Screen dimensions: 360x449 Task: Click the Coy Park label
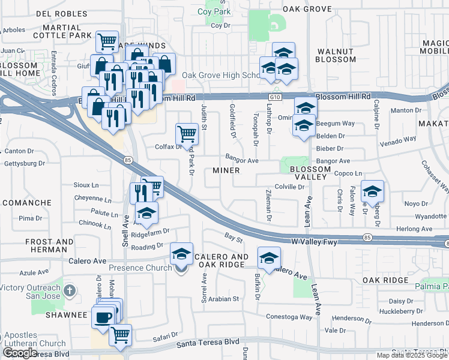click(x=214, y=11)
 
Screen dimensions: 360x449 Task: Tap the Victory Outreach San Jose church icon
click(x=70, y=292)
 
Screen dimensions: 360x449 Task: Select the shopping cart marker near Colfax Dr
click(x=187, y=133)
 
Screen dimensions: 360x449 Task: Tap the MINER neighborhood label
click(x=226, y=170)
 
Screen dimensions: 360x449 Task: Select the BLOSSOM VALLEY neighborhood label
click(x=310, y=173)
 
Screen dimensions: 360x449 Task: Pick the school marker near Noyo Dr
click(x=373, y=191)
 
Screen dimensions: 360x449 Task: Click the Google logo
click(x=20, y=353)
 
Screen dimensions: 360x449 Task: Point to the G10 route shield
click(x=275, y=96)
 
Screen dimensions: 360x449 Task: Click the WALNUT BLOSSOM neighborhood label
click(x=336, y=56)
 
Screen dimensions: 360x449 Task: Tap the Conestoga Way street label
click(x=290, y=317)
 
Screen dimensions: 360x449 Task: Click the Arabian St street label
click(x=223, y=298)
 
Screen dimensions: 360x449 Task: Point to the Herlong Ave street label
click(x=415, y=229)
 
